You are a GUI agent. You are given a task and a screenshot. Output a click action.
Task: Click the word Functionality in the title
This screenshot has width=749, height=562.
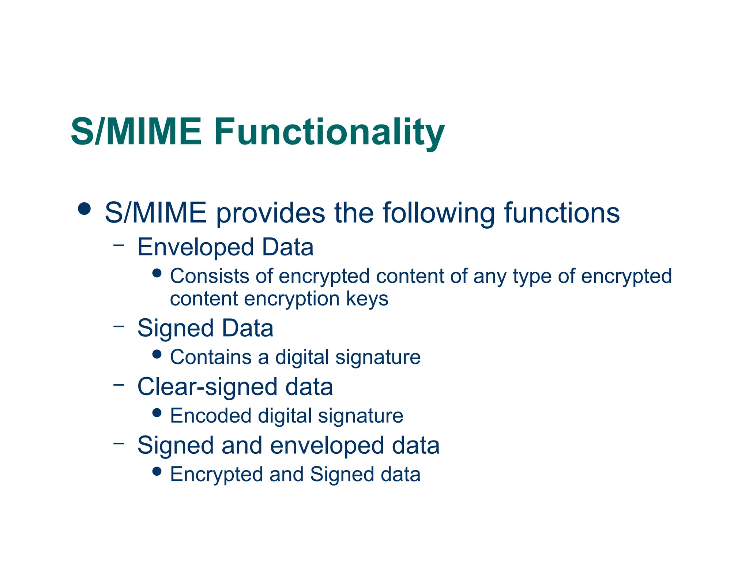[x=329, y=132]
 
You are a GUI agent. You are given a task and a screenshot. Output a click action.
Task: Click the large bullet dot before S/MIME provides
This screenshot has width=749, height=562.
[x=84, y=209]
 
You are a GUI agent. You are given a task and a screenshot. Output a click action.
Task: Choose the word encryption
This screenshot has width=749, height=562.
[x=292, y=299]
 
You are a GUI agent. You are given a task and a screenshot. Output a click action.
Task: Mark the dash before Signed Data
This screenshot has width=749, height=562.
[x=118, y=326]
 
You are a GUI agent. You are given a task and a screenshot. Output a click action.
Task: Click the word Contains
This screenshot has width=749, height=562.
[x=211, y=357]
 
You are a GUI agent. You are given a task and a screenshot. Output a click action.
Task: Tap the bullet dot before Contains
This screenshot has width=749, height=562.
[x=157, y=354]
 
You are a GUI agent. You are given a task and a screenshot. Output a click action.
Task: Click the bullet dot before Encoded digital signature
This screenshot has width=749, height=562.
[x=157, y=413]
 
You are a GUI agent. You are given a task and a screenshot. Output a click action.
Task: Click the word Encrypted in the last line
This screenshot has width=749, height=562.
[x=217, y=475]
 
